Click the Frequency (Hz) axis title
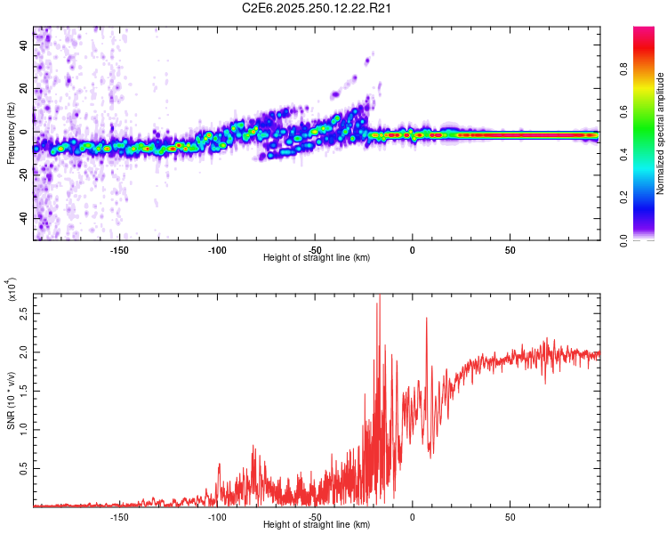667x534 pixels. (10, 133)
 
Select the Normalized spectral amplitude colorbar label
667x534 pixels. (661, 133)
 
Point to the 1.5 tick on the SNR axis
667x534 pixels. (23, 392)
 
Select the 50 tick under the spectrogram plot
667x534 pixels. (510, 249)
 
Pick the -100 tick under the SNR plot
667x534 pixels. (216, 516)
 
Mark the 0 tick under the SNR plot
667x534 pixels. (412, 516)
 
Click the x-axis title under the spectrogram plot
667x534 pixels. (317, 258)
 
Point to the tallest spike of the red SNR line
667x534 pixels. (379, 295)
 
